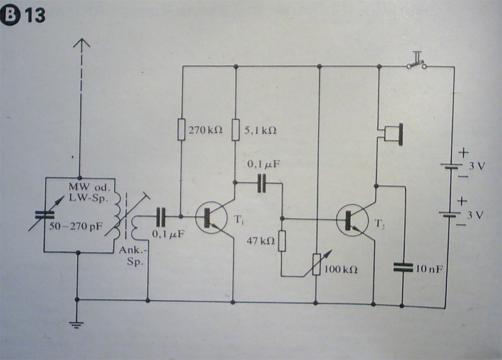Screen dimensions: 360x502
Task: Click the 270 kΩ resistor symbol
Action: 180,130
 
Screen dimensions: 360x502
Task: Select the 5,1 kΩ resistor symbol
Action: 235,131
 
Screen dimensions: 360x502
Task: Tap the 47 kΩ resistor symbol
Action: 282,240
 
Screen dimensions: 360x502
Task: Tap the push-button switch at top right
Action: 416,63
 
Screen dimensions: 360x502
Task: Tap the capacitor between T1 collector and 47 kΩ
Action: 262,183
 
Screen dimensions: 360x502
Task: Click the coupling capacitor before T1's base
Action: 161,218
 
